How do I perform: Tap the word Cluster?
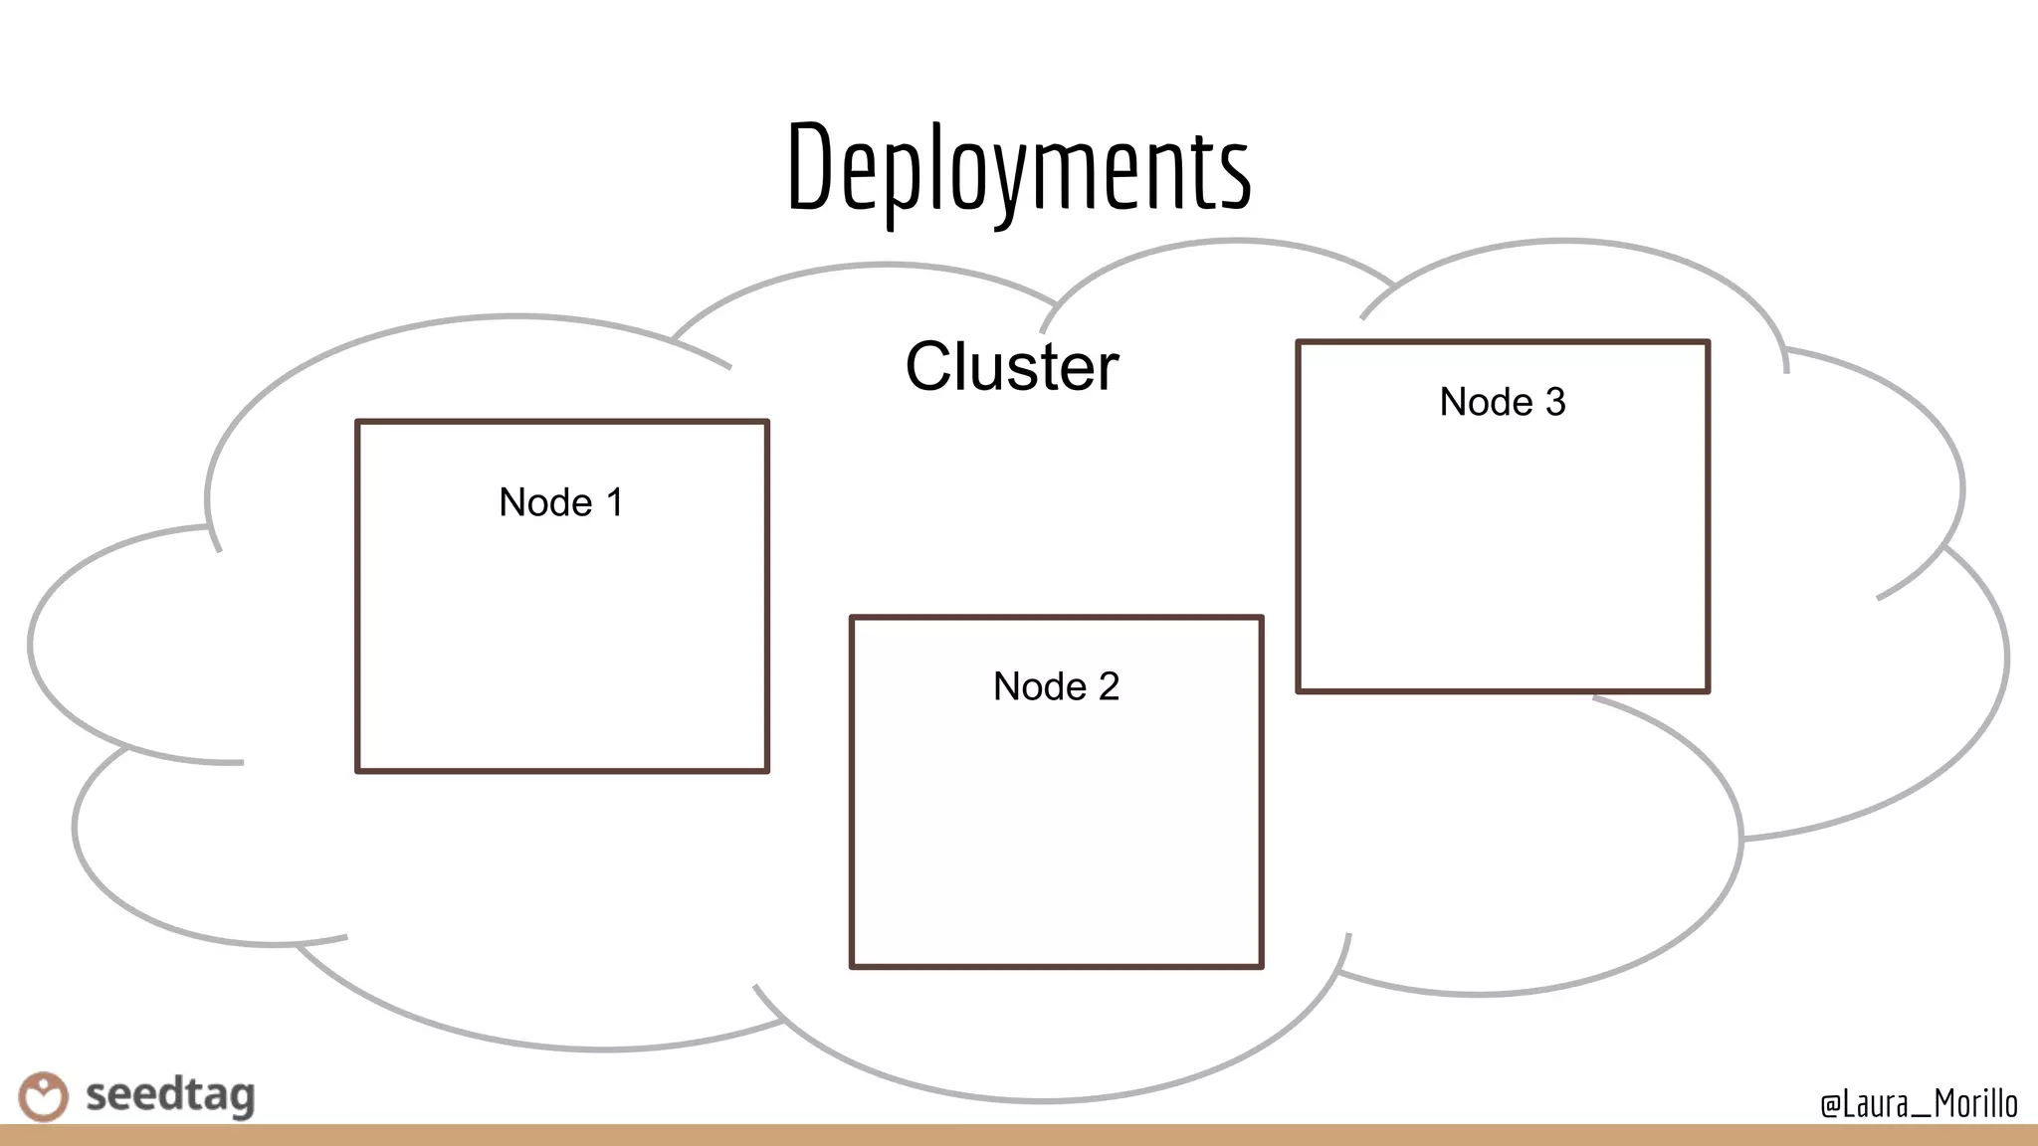(x=1012, y=366)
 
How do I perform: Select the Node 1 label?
(x=561, y=502)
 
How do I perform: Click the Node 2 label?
(x=1056, y=686)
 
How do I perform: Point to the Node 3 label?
(x=1503, y=402)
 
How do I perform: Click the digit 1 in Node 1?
(x=615, y=502)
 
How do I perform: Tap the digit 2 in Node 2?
(x=1109, y=686)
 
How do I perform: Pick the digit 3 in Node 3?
(x=1555, y=402)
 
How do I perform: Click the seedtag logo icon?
(x=43, y=1096)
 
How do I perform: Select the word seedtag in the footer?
(x=170, y=1095)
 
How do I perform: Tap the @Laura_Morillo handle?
(x=1919, y=1103)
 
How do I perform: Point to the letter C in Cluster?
(x=932, y=366)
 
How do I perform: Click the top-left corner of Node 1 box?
(x=358, y=422)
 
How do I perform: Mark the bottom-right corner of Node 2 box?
(x=1261, y=965)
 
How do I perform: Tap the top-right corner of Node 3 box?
(x=1708, y=342)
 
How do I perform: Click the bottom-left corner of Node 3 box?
(x=1299, y=689)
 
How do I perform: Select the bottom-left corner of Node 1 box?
(x=358, y=770)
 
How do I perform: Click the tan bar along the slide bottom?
(x=1019, y=1135)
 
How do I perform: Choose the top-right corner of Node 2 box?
(x=1261, y=618)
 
